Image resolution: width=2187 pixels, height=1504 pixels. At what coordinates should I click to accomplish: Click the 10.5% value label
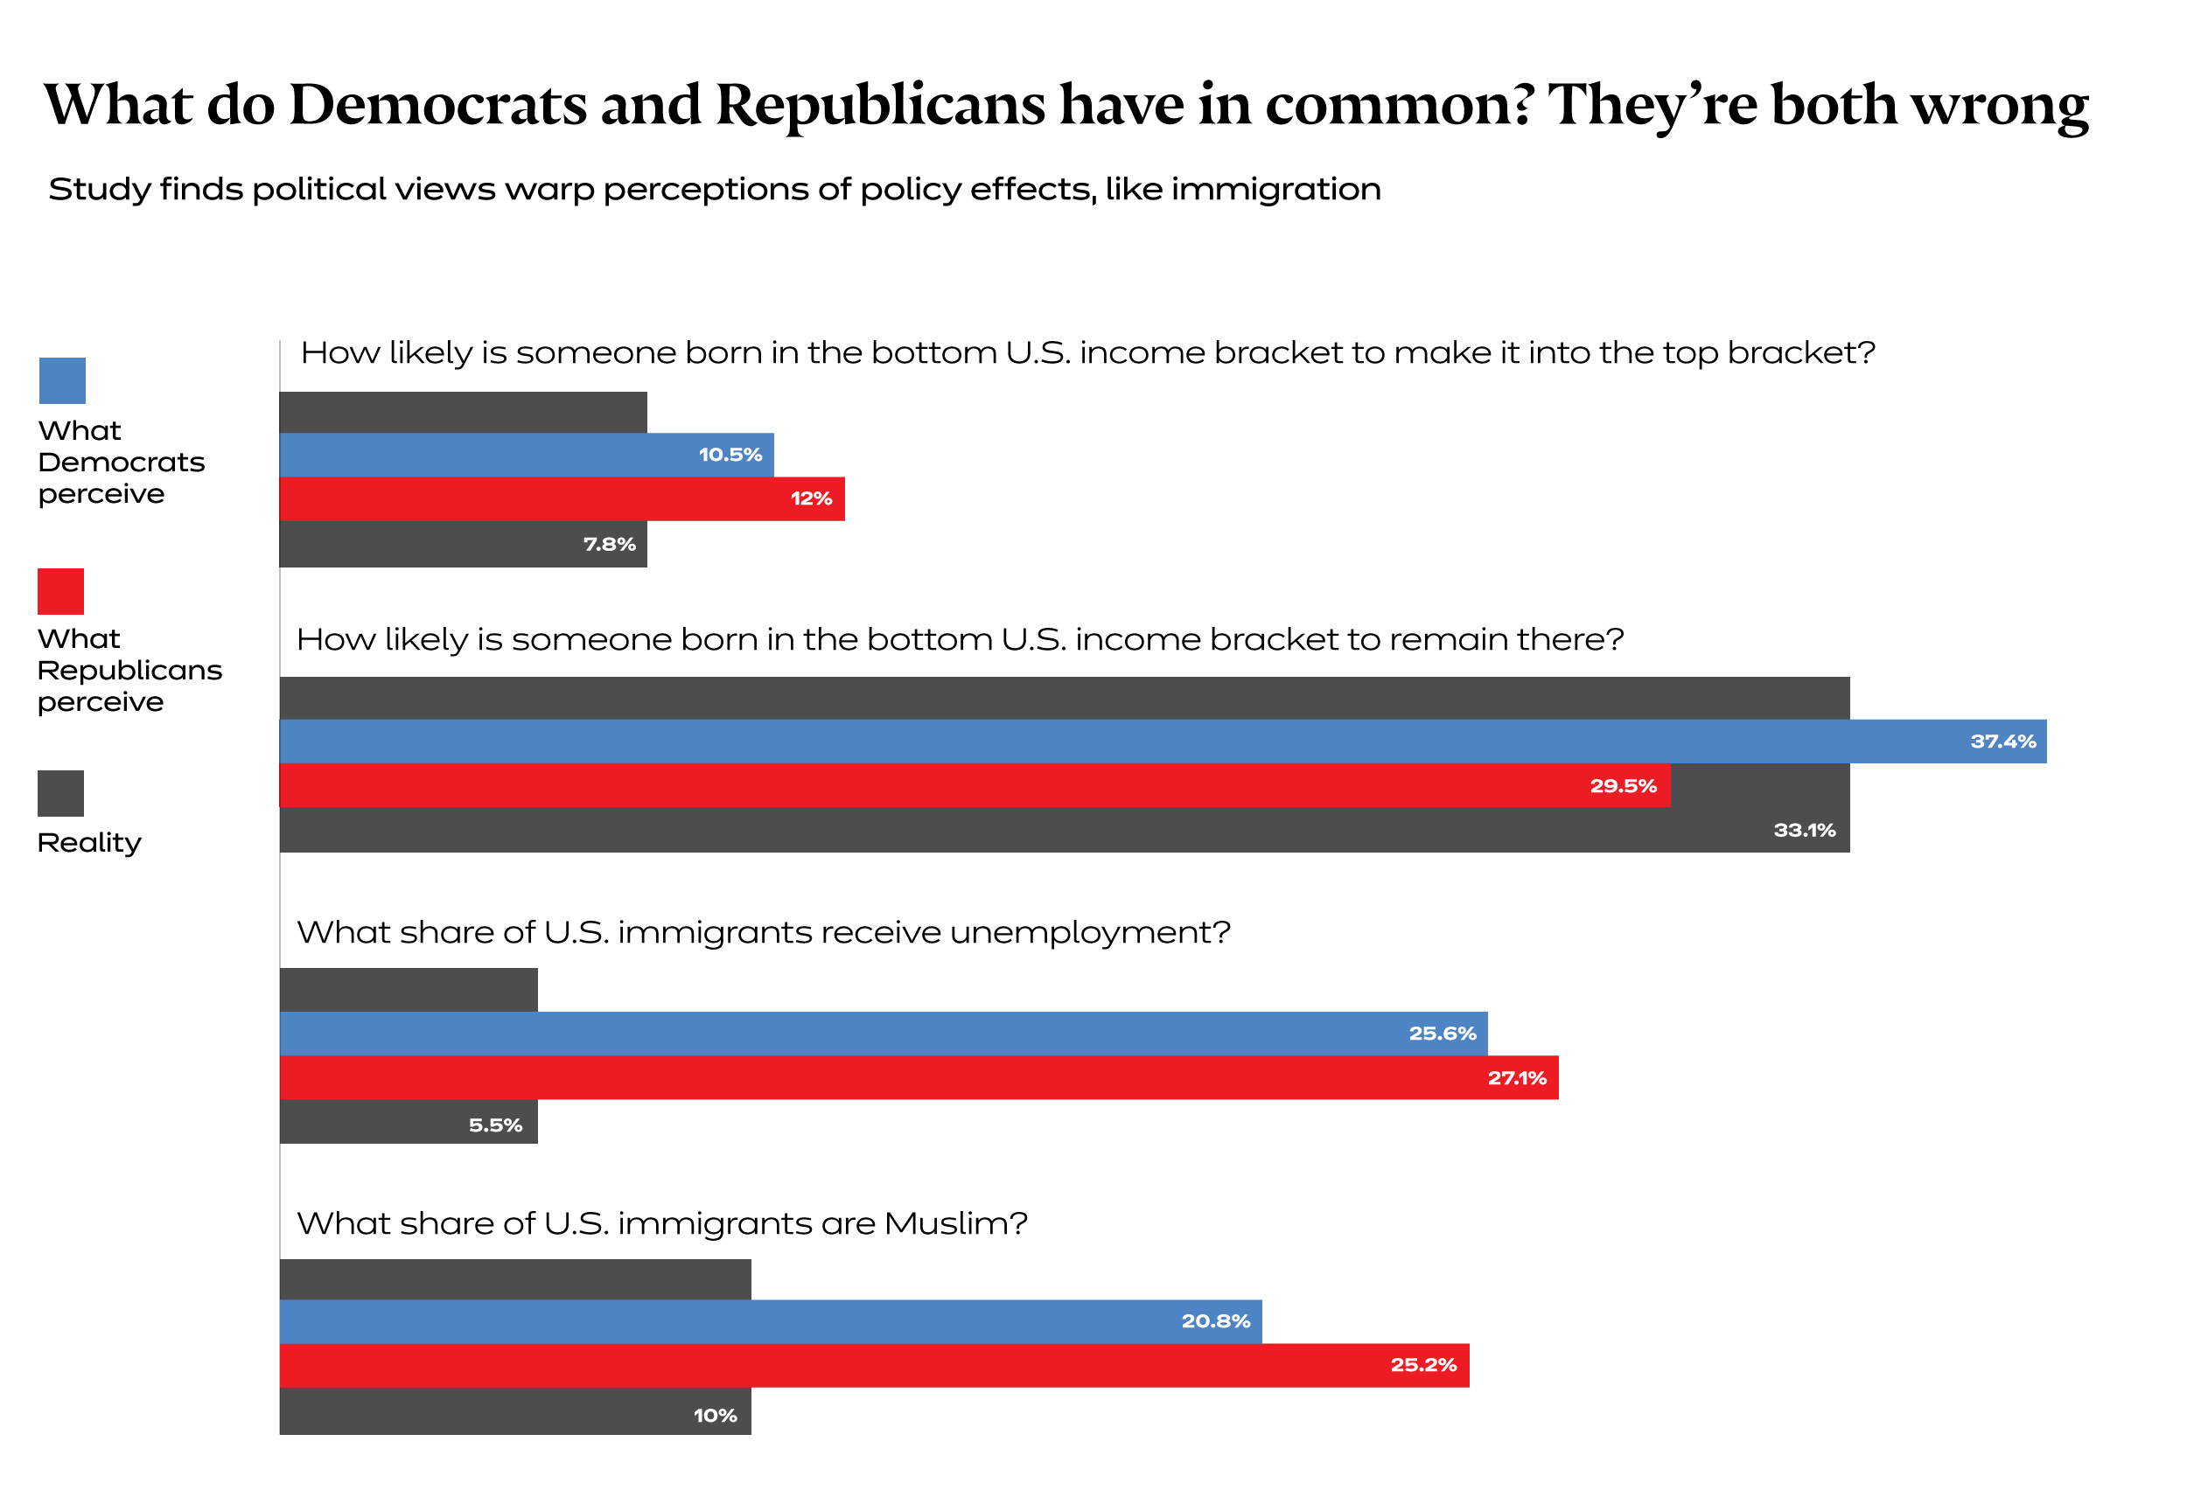(730, 456)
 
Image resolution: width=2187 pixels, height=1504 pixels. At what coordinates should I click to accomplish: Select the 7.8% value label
(609, 545)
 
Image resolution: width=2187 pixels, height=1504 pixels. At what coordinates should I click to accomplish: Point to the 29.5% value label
(1623, 786)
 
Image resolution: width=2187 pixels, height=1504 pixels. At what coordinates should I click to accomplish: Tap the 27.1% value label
(1517, 1078)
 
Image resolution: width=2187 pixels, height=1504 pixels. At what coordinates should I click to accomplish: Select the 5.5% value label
(495, 1125)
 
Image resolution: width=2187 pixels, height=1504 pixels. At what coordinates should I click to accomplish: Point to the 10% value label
(715, 1416)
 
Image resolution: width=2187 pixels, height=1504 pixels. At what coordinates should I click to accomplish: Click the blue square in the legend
(62, 380)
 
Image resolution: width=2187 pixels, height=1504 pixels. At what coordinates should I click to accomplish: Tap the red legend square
(60, 591)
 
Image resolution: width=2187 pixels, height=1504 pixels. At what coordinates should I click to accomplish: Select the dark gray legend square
(60, 793)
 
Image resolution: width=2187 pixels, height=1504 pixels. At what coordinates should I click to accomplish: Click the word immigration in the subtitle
(1275, 190)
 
